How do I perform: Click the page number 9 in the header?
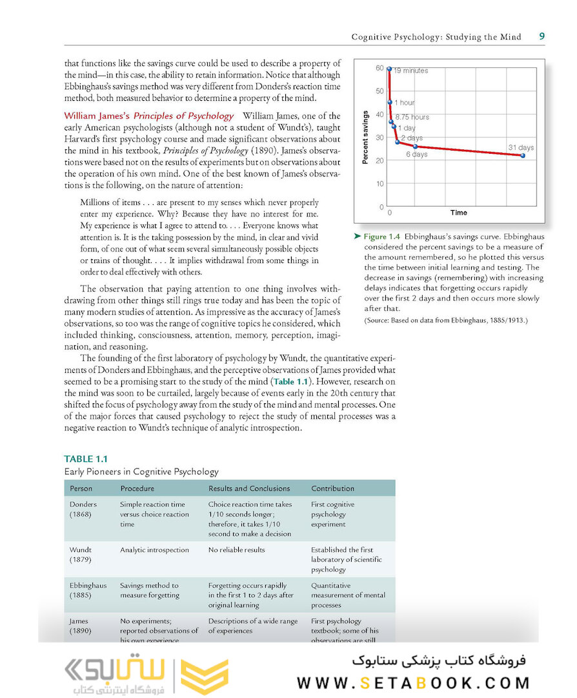(542, 36)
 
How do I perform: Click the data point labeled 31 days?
(523, 156)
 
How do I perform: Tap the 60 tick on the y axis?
(380, 68)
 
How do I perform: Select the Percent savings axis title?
(365, 137)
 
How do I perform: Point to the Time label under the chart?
(459, 213)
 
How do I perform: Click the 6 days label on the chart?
(416, 155)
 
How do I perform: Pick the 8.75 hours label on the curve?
(412, 117)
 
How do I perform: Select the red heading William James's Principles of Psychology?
(148, 116)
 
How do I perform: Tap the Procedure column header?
(137, 489)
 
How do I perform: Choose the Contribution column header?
(332, 489)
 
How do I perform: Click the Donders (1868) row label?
(83, 509)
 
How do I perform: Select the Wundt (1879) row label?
(81, 555)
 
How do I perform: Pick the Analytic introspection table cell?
(154, 550)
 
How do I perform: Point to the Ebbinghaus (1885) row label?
(88, 590)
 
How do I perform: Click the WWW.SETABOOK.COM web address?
(413, 682)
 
